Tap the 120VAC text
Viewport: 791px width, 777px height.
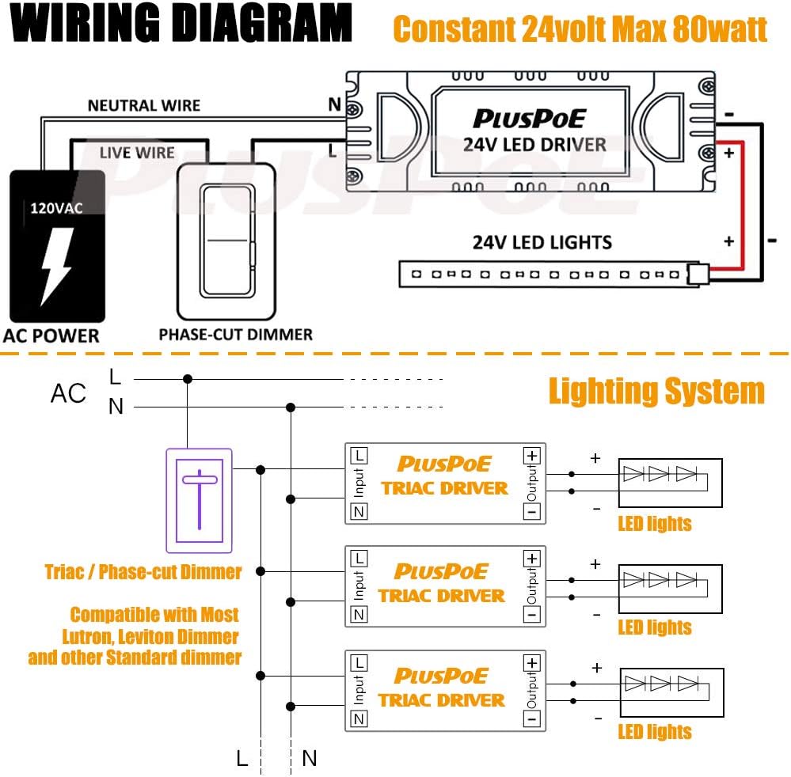point(55,210)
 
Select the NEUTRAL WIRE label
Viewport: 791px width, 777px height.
point(143,105)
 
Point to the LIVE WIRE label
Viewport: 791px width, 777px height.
point(137,153)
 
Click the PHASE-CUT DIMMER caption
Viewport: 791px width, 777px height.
point(235,334)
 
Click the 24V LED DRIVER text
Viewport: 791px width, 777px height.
point(534,144)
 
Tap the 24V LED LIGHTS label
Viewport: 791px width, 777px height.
point(542,242)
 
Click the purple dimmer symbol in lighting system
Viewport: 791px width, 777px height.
point(199,500)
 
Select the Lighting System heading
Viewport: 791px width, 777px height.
point(656,392)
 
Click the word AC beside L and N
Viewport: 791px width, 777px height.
point(68,393)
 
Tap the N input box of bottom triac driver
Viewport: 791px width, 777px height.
point(359,718)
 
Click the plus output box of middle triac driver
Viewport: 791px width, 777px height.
point(531,559)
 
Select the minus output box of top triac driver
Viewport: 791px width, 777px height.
point(531,512)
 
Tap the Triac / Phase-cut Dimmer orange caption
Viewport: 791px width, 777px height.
point(143,571)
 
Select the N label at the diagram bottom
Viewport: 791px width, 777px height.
point(310,758)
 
